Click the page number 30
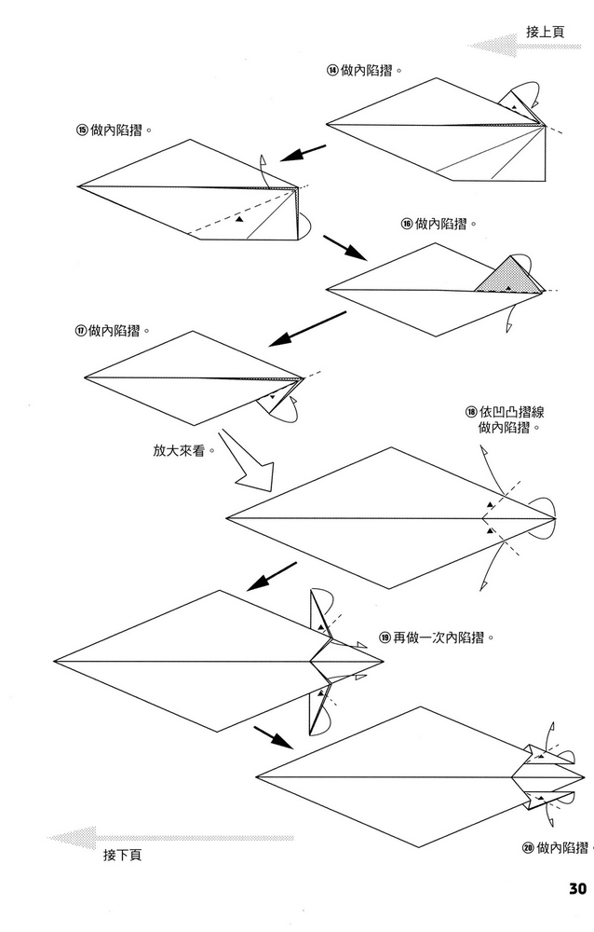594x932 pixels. tap(575, 887)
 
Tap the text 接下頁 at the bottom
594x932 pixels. tap(122, 854)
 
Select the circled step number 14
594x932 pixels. tap(332, 70)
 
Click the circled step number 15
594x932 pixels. tap(82, 130)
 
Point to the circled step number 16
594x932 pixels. tap(407, 224)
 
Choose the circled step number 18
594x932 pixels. tap(471, 412)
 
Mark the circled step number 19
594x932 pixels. tap(385, 637)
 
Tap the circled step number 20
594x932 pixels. tap(528, 847)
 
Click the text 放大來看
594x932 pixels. tap(183, 450)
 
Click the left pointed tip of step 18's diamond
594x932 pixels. tap(228, 518)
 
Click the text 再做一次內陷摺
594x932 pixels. tap(442, 637)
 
